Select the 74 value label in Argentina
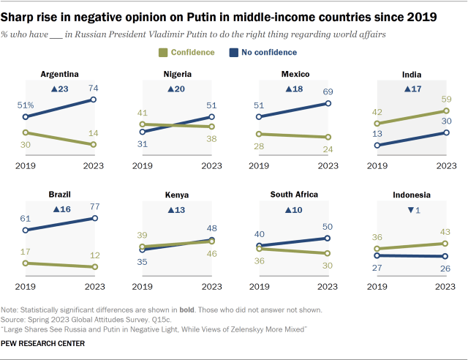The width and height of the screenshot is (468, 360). (x=94, y=87)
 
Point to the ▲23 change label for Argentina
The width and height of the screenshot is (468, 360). (x=59, y=89)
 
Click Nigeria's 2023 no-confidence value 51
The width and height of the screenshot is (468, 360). (x=211, y=104)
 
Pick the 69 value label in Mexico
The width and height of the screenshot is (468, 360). (x=328, y=91)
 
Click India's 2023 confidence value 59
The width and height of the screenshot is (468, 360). (x=446, y=99)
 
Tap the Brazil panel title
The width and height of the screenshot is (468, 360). (x=60, y=195)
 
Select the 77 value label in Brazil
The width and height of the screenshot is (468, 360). (x=94, y=206)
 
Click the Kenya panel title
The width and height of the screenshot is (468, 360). (x=178, y=195)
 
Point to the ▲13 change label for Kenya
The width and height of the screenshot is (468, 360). (x=177, y=210)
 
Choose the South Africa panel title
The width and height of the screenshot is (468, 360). (x=294, y=195)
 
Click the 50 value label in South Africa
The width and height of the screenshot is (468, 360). (x=328, y=227)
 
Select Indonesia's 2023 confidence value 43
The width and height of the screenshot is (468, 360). (x=446, y=231)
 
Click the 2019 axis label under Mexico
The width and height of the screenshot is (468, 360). (x=260, y=166)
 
